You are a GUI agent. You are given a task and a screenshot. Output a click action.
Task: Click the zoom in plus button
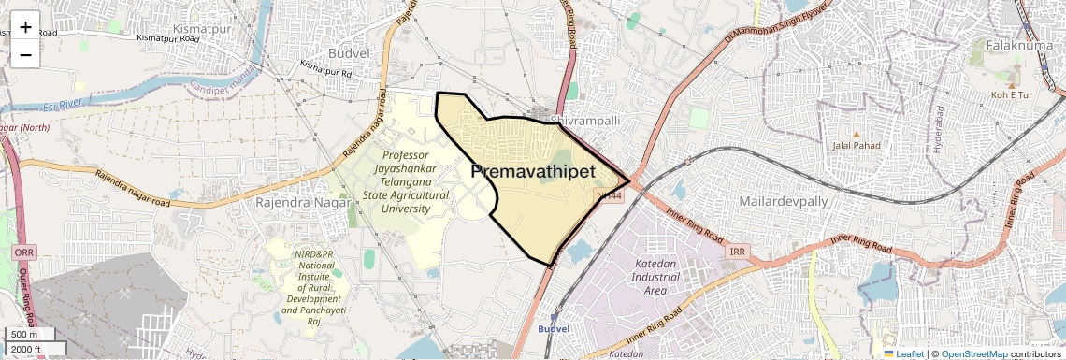point(25,27)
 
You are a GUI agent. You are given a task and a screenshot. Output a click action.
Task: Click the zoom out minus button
point(25,54)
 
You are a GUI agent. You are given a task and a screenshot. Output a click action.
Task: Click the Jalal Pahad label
point(856,145)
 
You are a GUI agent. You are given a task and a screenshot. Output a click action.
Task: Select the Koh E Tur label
point(1011,95)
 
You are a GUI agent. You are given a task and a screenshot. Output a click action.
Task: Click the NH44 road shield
point(609,195)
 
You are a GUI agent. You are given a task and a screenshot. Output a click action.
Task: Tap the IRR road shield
point(738,252)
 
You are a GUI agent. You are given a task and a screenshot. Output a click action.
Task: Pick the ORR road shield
point(24,252)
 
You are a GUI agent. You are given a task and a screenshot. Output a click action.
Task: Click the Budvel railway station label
point(553,329)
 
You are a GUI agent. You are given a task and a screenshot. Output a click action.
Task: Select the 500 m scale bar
point(24,335)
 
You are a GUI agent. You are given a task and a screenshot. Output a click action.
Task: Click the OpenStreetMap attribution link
point(973,353)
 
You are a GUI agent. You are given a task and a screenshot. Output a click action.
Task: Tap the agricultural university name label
point(405,181)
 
